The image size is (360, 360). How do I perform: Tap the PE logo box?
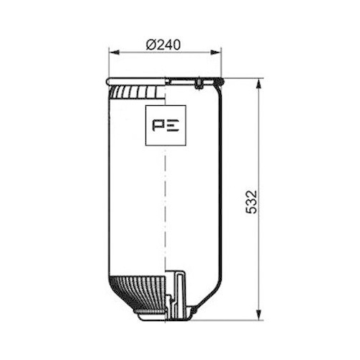click(x=166, y=124)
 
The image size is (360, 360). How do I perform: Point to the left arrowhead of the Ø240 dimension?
click(x=112, y=52)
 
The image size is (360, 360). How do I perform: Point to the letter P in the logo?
click(x=159, y=124)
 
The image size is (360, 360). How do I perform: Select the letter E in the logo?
click(x=174, y=124)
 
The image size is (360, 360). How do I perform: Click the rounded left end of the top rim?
click(x=109, y=80)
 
